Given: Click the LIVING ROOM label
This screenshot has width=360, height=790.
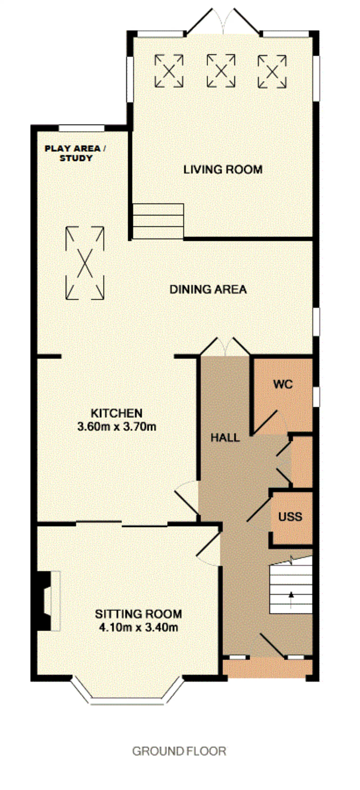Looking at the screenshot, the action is (223, 169).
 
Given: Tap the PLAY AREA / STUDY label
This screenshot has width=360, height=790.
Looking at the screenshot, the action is (75, 153).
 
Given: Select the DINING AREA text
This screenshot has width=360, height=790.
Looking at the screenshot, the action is (208, 289).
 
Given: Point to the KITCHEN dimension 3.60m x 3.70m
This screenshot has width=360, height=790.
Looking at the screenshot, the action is (117, 427).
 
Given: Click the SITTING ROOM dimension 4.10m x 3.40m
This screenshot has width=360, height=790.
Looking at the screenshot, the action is (138, 627).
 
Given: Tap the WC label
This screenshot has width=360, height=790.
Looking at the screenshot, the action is (283, 384).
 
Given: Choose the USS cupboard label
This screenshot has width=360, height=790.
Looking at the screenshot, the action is (290, 516).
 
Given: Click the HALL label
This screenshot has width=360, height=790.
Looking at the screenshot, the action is (225, 437).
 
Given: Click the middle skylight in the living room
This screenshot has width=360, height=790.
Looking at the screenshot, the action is (221, 71).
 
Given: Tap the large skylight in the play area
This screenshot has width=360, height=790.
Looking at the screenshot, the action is (85, 263).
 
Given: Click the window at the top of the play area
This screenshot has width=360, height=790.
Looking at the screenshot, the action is (82, 128).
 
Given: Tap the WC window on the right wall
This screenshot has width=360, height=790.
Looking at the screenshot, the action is (316, 397).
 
